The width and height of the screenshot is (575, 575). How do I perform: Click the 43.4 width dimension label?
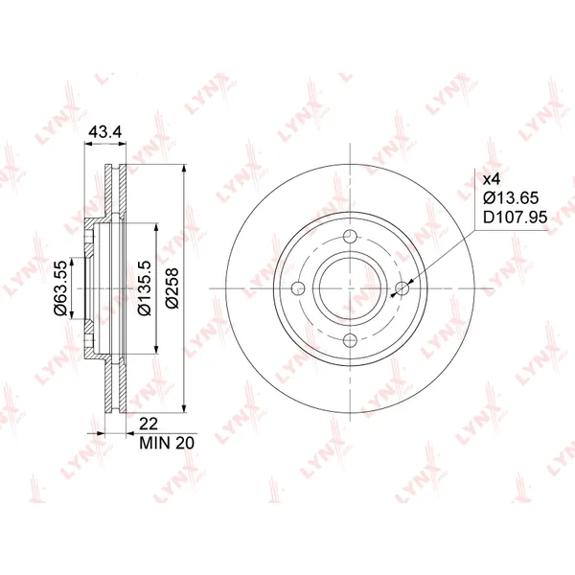pyautogui.click(x=105, y=132)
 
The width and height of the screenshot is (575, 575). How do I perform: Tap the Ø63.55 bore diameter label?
pyautogui.click(x=60, y=287)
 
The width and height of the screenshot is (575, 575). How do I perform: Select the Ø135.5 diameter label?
pyautogui.click(x=144, y=288)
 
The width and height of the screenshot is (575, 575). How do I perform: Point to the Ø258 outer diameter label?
pyautogui.click(x=172, y=288)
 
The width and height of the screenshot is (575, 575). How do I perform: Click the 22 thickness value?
pyautogui.click(x=149, y=424)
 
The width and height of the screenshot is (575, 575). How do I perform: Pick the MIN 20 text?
pyautogui.click(x=167, y=443)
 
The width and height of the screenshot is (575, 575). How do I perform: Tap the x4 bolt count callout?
pyautogui.click(x=492, y=180)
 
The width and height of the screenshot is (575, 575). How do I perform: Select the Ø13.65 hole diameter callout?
pyautogui.click(x=511, y=198)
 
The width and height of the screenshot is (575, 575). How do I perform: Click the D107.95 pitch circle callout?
pyautogui.click(x=516, y=218)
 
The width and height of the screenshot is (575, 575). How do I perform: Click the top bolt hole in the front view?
pyautogui.click(x=351, y=237)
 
